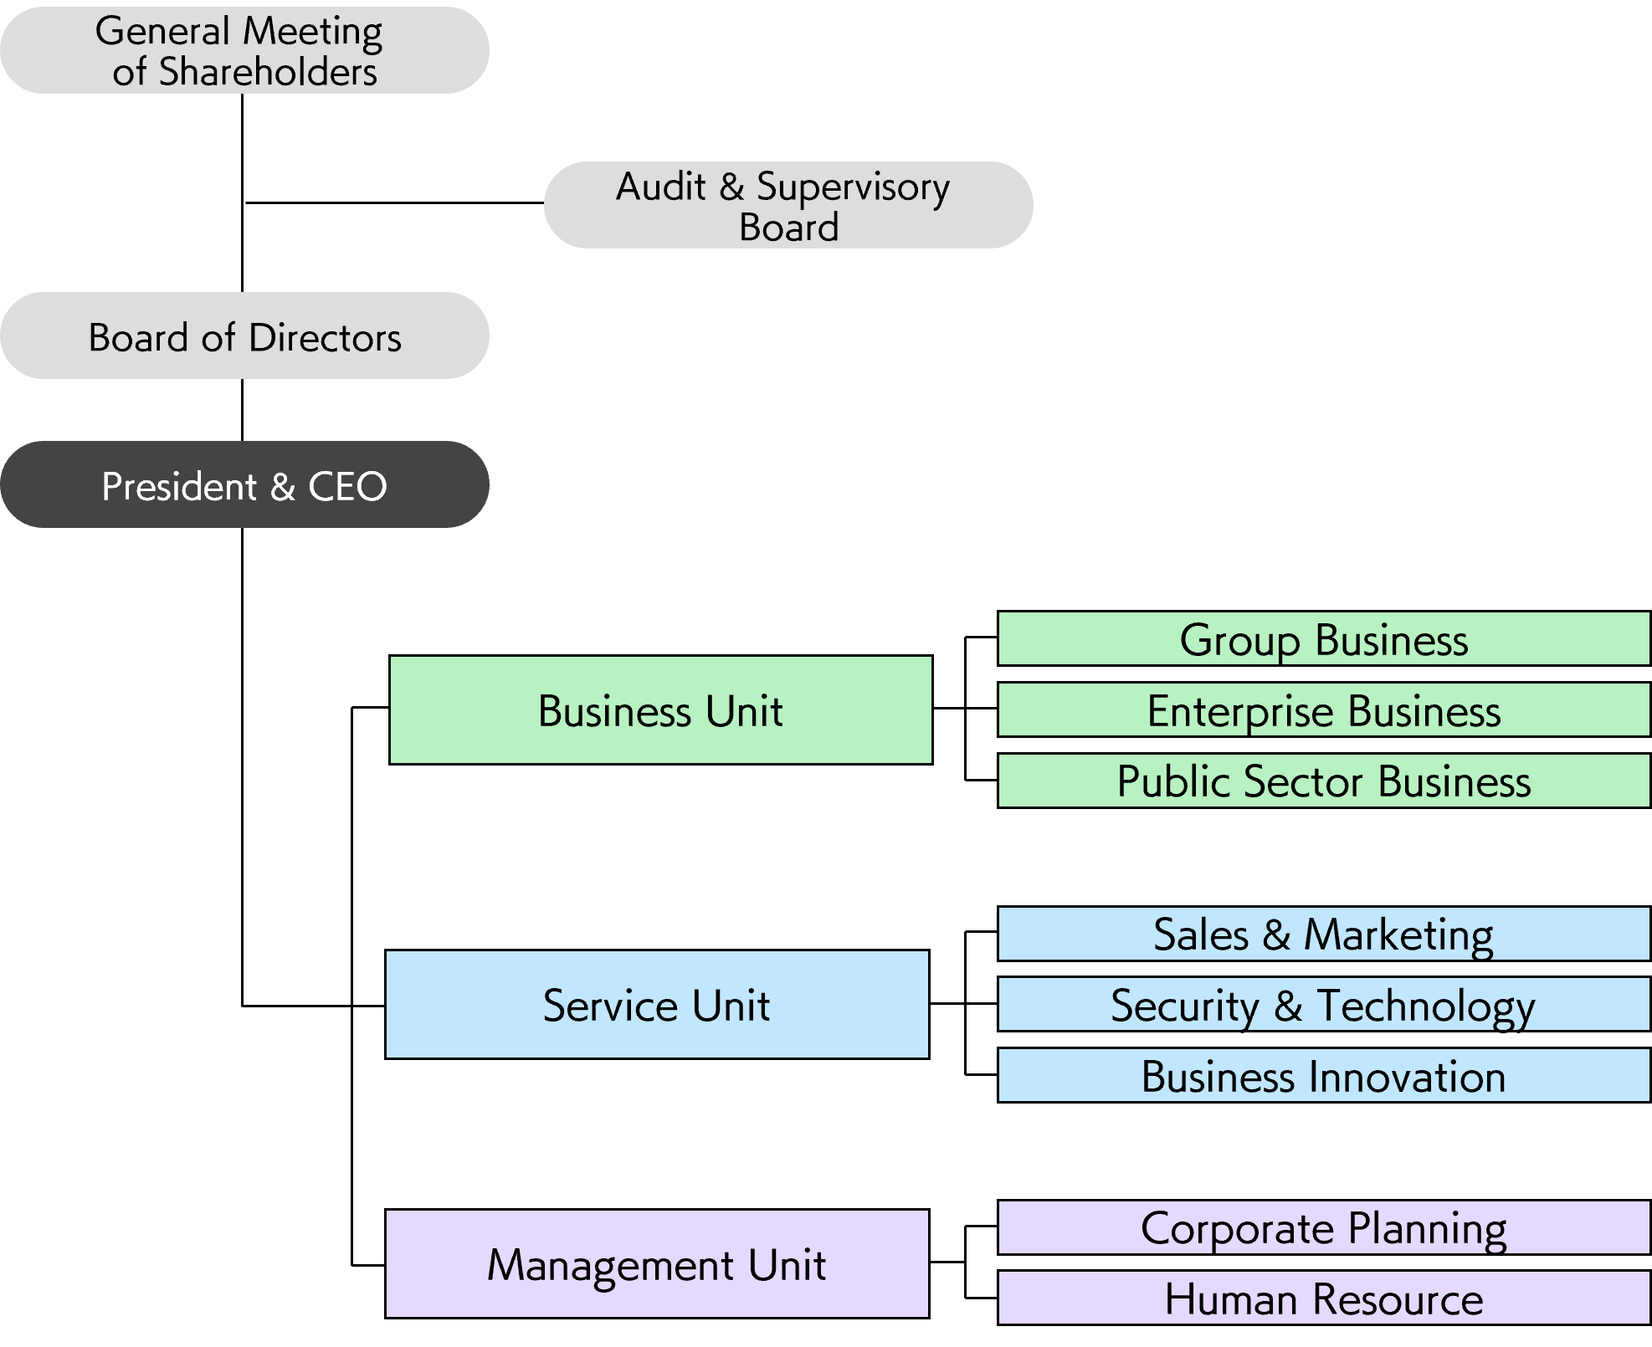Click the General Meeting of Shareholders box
coord(244,50)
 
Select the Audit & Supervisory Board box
coord(788,205)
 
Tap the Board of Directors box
coord(244,335)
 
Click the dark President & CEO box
coord(244,484)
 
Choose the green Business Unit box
coord(661,709)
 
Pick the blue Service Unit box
coord(657,1004)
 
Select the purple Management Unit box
coord(657,1263)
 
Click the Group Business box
coord(1324,638)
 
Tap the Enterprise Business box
coord(1324,709)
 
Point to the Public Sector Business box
coord(1324,781)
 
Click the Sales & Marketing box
coord(1324,934)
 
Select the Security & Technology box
coord(1324,1004)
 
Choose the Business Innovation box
coord(1324,1075)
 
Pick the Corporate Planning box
coord(1324,1227)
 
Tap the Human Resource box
coord(1324,1298)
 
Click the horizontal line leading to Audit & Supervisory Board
coord(394,202)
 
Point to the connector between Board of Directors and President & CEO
coord(243,410)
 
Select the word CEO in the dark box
coord(347,486)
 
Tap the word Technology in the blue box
coord(1426,1007)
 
